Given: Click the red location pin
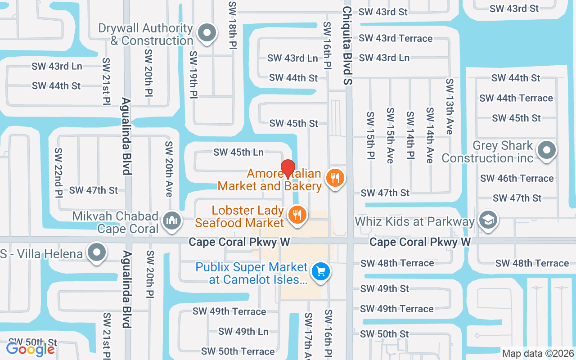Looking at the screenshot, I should click(288, 170).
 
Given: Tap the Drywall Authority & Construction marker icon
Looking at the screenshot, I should click(207, 33).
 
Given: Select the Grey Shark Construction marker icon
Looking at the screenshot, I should click(547, 151).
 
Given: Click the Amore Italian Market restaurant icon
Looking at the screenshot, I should click(334, 178).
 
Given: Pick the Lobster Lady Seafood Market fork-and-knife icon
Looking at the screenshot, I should click(297, 215).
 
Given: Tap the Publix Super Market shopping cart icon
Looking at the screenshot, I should click(321, 272).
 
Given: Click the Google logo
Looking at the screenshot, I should click(30, 349).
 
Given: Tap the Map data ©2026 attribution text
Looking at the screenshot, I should click(538, 353).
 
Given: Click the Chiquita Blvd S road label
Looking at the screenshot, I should click(347, 45).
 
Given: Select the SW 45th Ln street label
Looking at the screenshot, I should click(238, 152).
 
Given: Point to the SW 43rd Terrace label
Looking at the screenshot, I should click(396, 38).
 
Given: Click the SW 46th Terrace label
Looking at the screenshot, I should click(517, 178).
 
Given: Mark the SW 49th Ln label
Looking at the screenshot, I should click(243, 332).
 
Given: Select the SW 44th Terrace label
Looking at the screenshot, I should click(516, 98).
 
